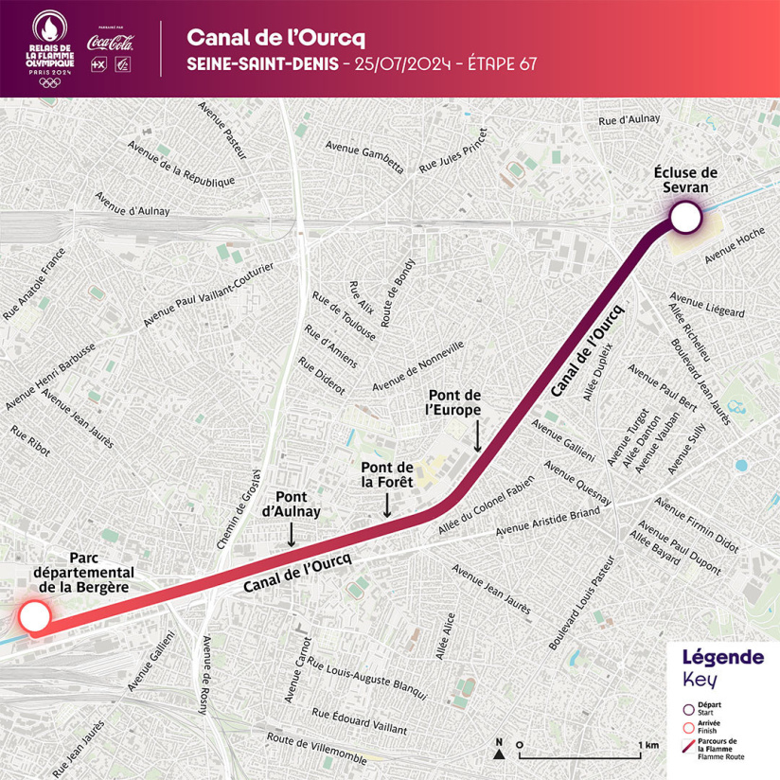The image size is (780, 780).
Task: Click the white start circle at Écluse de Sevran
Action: coord(684,221)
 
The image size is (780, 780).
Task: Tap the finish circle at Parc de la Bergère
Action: coord(34,618)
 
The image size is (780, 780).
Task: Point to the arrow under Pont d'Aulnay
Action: coord(291,535)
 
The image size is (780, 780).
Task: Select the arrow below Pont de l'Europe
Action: coord(477,436)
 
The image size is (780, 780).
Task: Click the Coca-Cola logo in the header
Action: coord(110,42)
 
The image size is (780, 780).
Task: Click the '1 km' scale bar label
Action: coord(648,745)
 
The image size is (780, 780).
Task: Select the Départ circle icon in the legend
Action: coord(688,706)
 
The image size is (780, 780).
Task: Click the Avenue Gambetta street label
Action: coord(364,157)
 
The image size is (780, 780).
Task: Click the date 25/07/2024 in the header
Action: coord(393,64)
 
